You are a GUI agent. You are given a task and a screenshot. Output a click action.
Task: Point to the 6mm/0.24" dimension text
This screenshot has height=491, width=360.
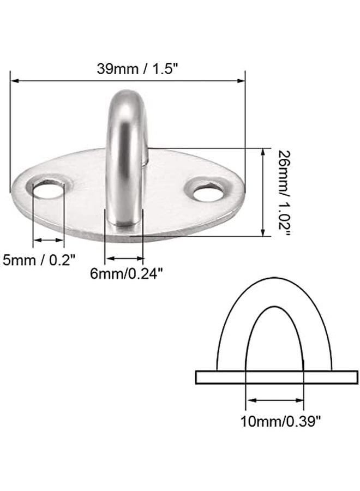pyautogui.click(x=127, y=275)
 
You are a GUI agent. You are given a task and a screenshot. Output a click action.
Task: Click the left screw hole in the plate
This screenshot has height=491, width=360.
pyautogui.click(x=48, y=190)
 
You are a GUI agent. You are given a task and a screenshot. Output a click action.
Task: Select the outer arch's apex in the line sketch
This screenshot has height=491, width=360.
pyautogui.click(x=274, y=279)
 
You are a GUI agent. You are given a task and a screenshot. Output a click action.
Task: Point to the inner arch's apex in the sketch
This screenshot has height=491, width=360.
pyautogui.click(x=274, y=307)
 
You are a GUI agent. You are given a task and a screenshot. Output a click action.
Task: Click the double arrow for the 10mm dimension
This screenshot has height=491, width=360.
pyautogui.click(x=274, y=400)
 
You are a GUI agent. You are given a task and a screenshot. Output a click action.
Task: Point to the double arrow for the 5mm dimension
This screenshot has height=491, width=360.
pyautogui.click(x=49, y=239)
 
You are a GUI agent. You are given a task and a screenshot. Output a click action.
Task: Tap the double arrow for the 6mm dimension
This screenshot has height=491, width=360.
pyautogui.click(x=124, y=259)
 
